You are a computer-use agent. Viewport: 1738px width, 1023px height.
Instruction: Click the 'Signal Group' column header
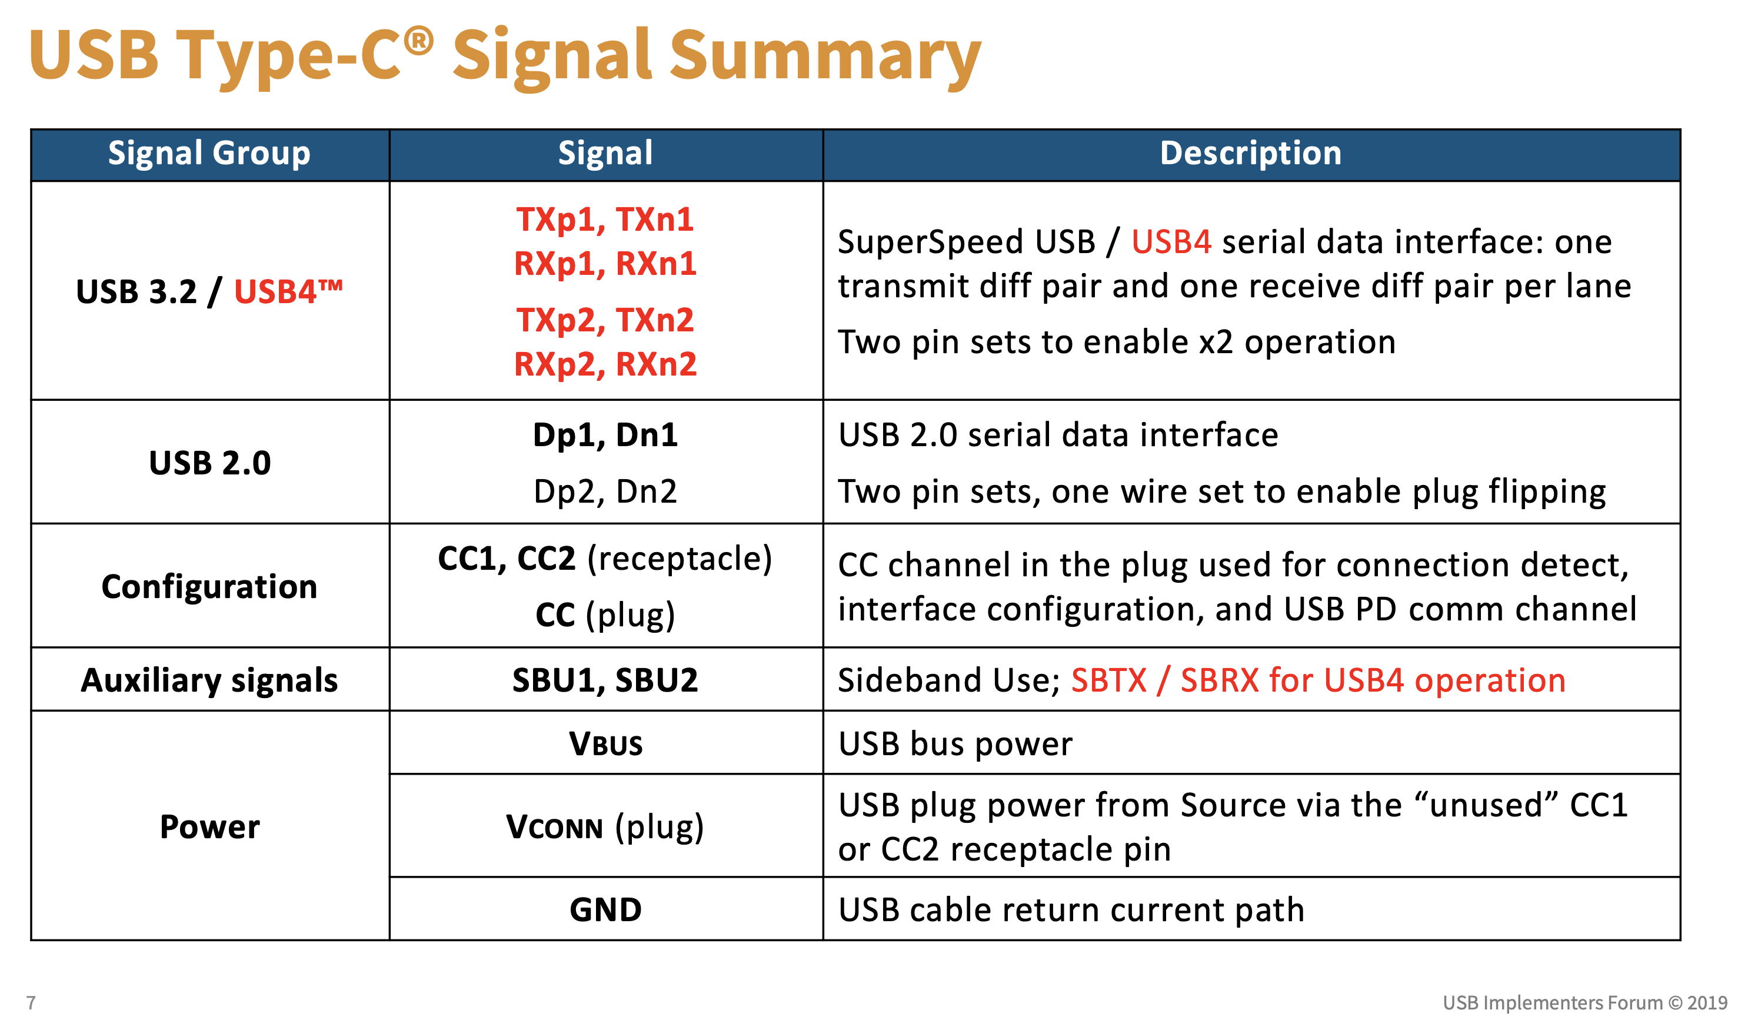(209, 153)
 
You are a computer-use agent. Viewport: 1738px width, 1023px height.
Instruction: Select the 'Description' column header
(1250, 153)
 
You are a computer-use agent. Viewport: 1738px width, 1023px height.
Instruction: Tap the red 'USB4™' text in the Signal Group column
(288, 291)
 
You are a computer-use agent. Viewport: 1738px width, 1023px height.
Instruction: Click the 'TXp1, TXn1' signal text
(605, 220)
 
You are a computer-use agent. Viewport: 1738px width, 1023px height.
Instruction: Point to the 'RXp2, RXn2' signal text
(605, 364)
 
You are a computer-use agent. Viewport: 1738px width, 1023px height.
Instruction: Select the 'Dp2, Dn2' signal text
(605, 491)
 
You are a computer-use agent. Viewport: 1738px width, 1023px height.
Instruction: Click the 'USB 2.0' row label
(209, 462)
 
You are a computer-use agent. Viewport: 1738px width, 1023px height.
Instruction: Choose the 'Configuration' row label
(209, 586)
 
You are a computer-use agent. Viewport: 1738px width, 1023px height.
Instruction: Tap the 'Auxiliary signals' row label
(209, 680)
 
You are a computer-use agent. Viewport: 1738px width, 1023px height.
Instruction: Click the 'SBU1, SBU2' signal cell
(605, 680)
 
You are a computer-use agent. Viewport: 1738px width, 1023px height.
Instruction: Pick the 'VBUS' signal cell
(605, 743)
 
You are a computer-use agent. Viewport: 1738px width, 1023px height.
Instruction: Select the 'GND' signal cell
(605, 909)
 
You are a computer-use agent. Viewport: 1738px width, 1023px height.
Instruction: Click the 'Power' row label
(209, 826)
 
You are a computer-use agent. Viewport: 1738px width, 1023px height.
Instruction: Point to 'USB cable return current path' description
(1071, 909)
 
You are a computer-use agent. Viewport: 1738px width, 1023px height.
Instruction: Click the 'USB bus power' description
(955, 743)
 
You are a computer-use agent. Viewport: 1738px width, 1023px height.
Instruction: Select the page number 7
(31, 1002)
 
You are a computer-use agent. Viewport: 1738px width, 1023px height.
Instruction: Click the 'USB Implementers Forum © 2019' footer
(1584, 1002)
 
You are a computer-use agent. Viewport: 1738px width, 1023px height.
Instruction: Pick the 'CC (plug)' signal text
(605, 615)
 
